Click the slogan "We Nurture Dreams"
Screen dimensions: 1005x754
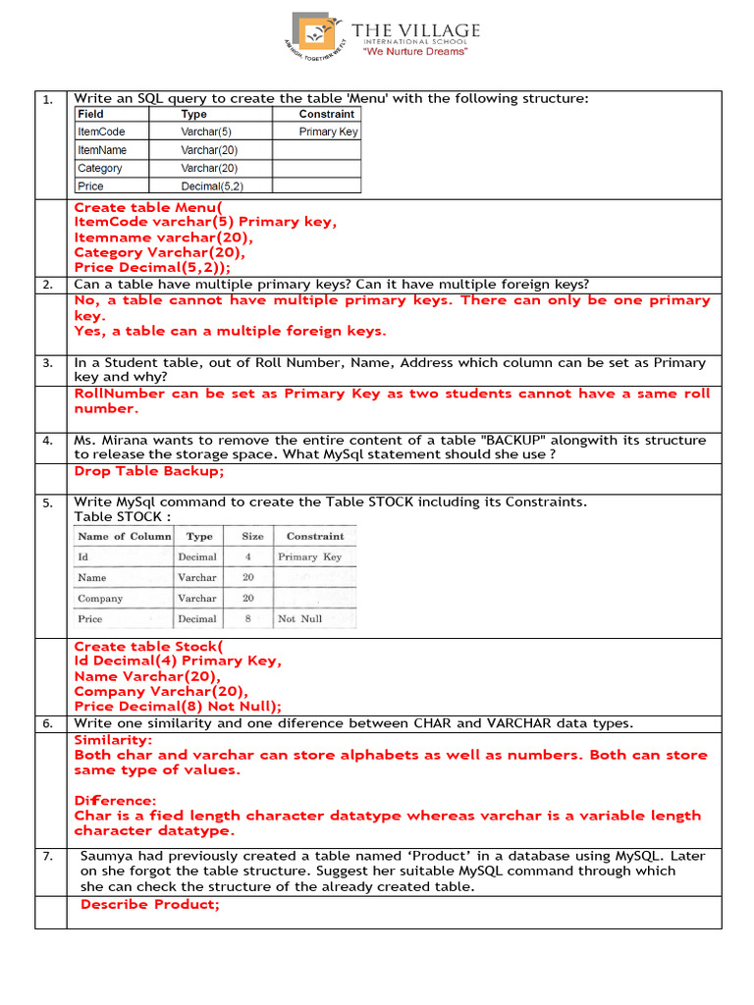[415, 52]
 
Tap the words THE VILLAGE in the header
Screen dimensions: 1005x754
[416, 30]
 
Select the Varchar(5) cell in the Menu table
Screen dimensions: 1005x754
[206, 132]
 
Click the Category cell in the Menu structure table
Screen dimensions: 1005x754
[100, 168]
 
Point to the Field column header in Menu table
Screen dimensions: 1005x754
[91, 114]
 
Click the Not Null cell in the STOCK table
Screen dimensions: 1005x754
[299, 619]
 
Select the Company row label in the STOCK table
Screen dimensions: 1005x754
[100, 599]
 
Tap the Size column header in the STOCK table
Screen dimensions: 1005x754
[252, 537]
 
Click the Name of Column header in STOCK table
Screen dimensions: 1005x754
[124, 537]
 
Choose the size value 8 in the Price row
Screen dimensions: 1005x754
[248, 619]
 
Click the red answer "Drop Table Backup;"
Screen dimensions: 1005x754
[149, 472]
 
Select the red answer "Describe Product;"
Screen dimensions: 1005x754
[150, 904]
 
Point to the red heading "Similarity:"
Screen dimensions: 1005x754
[113, 740]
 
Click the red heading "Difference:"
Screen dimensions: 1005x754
[115, 801]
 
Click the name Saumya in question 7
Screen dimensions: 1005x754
[108, 857]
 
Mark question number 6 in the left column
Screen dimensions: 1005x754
[47, 724]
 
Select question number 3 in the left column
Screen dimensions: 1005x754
[47, 363]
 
